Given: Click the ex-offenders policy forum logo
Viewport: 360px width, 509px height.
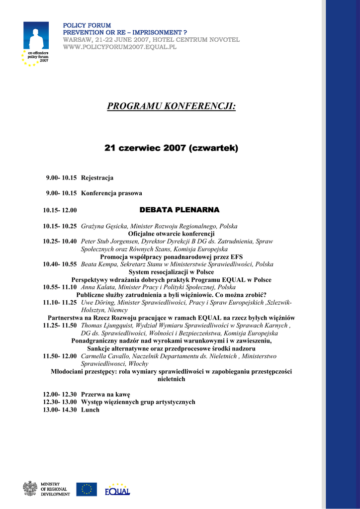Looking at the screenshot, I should point(36,44).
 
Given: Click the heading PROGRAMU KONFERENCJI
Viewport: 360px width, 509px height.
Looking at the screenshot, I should point(172,106).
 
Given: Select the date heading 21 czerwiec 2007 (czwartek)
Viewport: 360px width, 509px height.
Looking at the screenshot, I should point(171,148).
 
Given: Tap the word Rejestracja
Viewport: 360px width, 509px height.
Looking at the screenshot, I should point(97,177).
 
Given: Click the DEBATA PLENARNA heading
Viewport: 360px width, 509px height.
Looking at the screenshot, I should point(179,210).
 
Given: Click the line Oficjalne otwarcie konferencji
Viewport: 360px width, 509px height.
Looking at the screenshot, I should point(172,234).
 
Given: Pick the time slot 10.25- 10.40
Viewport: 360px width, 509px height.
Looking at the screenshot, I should point(60,241).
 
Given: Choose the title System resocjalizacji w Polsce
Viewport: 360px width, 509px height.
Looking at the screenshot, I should point(172,272).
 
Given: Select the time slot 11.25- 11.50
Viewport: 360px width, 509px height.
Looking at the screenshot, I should point(60,326).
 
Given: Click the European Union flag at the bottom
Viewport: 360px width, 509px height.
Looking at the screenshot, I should point(87,489).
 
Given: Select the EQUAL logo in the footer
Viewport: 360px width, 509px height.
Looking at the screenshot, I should point(117,490).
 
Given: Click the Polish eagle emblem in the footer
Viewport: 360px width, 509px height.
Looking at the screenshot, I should point(30,489).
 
